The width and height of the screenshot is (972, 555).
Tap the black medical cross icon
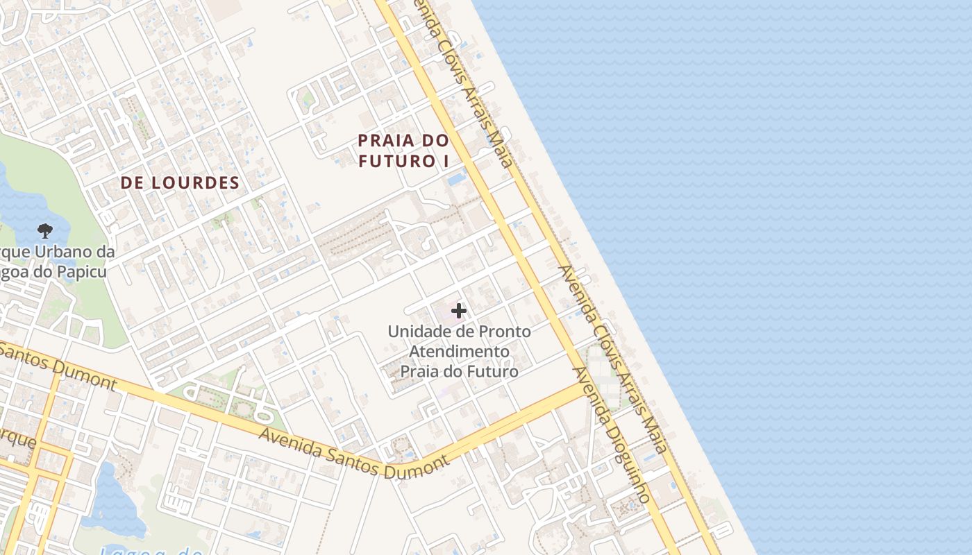459,311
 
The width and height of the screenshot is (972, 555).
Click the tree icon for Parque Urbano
45,230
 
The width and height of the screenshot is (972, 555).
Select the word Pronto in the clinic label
506,332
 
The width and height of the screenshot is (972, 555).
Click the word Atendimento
459,352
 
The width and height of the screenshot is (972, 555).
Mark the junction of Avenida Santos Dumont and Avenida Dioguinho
580,391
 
